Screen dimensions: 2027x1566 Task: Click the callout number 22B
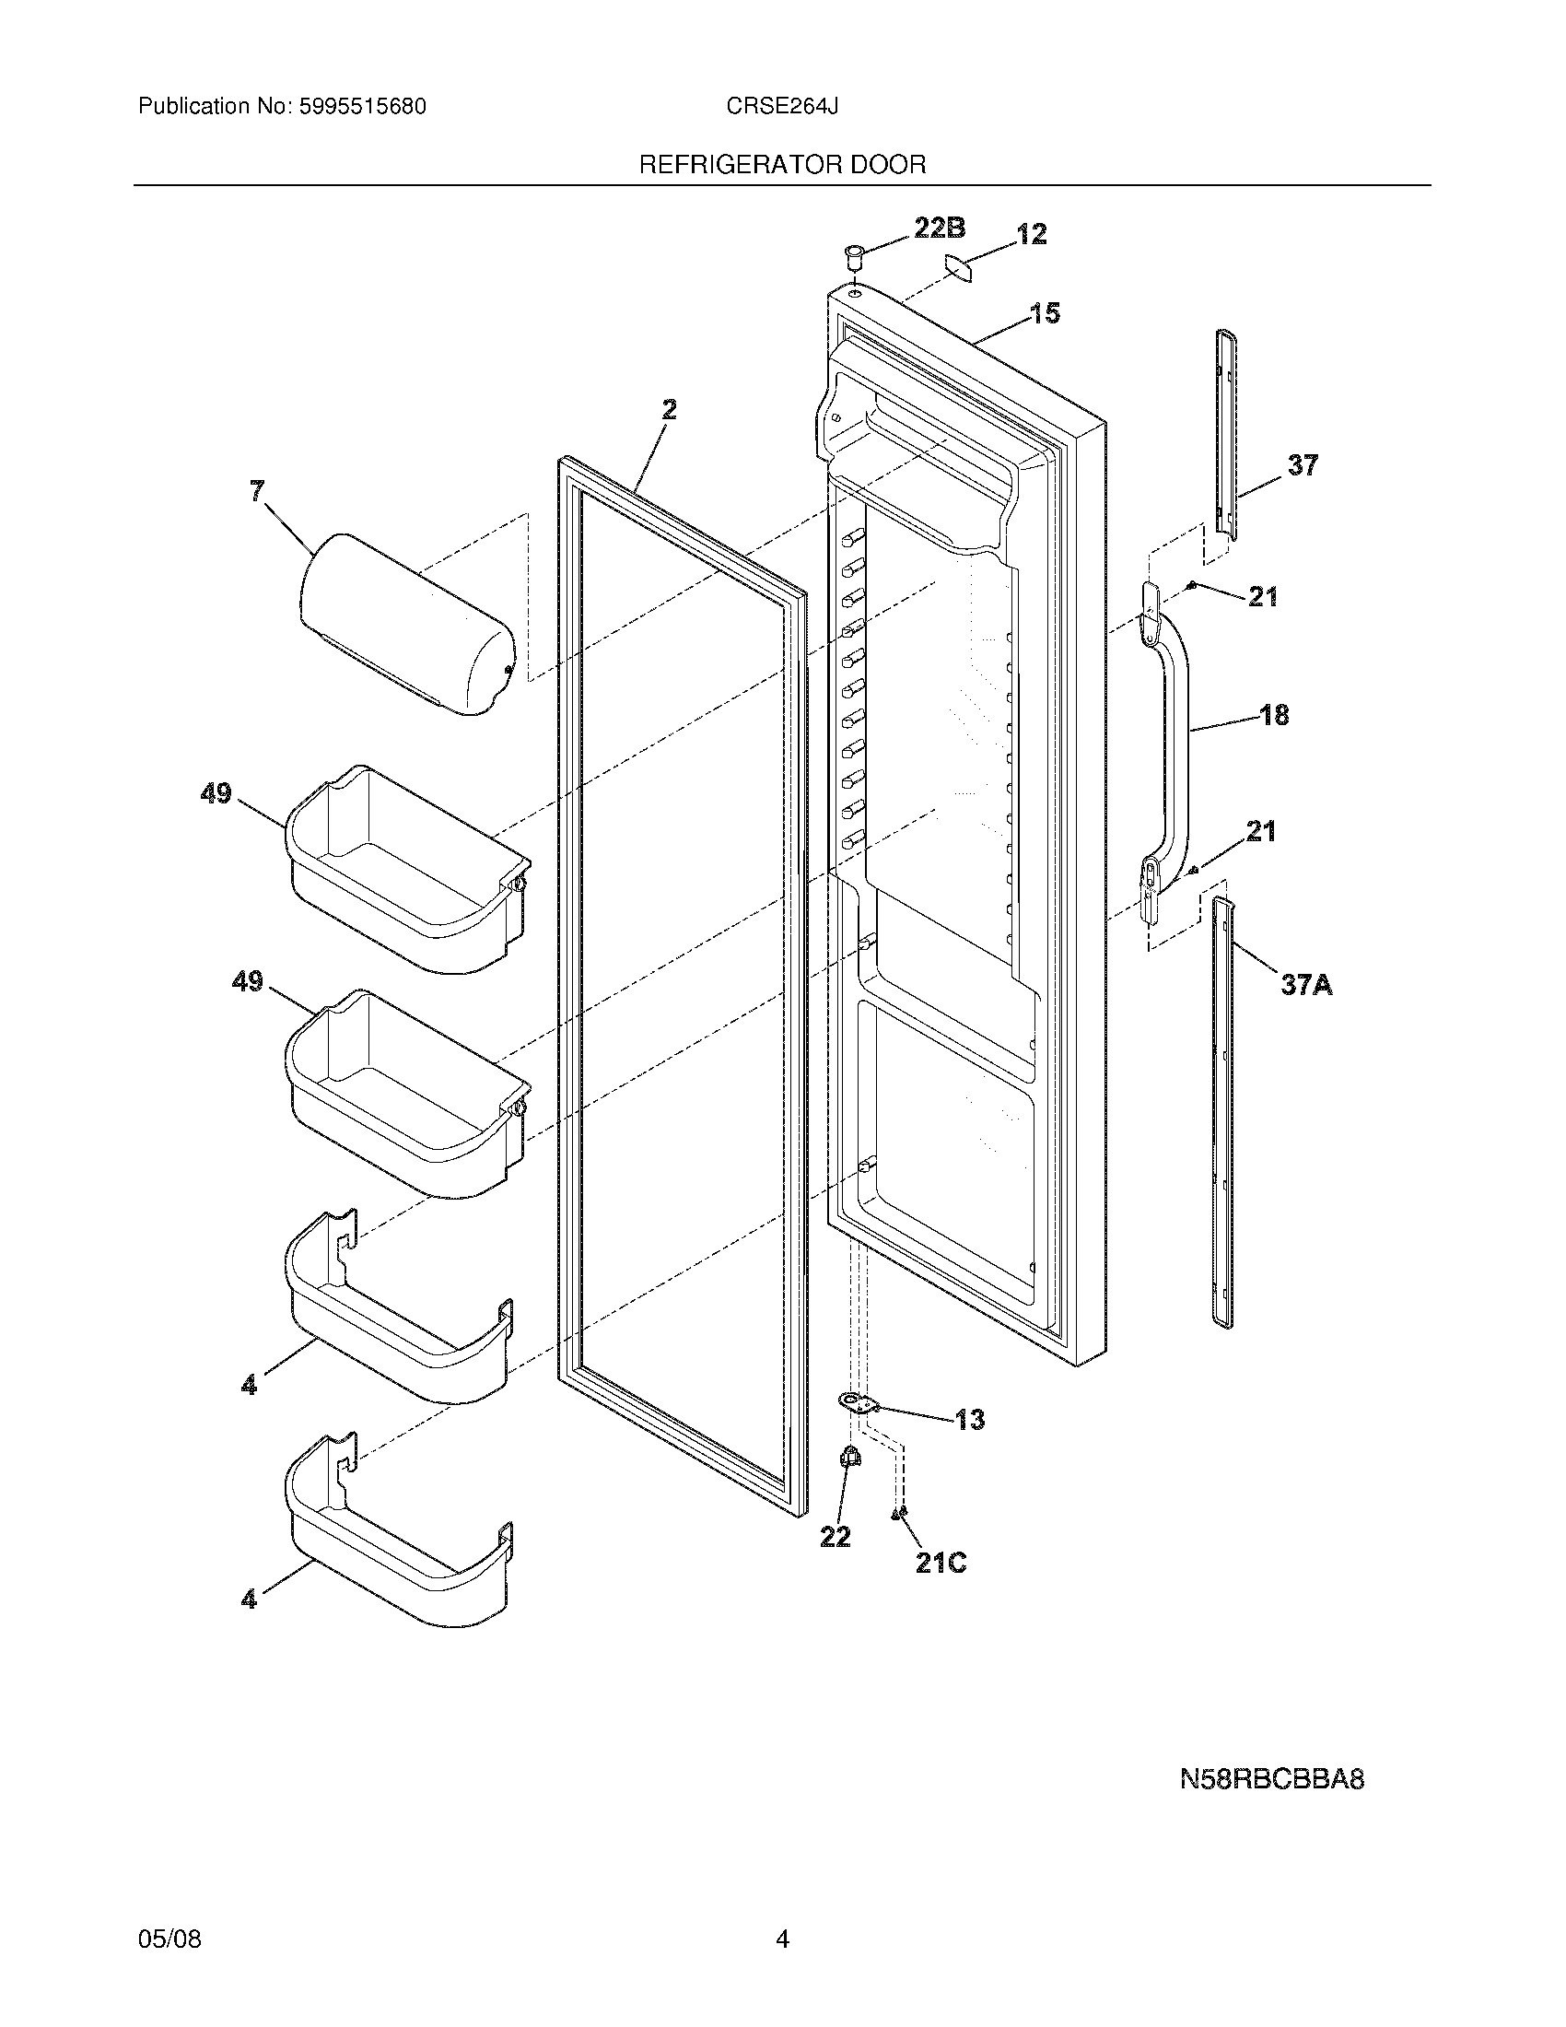pyautogui.click(x=939, y=228)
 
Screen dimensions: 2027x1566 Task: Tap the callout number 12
pyautogui.click(x=1031, y=234)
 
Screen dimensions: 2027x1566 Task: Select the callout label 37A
pyautogui.click(x=1306, y=984)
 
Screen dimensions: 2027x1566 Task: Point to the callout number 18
pyautogui.click(x=1275, y=715)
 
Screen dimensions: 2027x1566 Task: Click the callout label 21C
pyautogui.click(x=941, y=1563)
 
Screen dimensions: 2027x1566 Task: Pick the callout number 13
pyautogui.click(x=969, y=1419)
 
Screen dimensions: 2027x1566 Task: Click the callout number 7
pyautogui.click(x=257, y=491)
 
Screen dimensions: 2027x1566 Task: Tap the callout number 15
pyautogui.click(x=1045, y=313)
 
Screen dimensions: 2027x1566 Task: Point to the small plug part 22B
pyautogui.click(x=853, y=254)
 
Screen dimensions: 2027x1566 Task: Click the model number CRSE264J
pyautogui.click(x=782, y=107)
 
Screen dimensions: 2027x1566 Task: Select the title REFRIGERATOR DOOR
pyautogui.click(x=782, y=165)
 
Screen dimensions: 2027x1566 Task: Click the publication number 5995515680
pyautogui.click(x=363, y=107)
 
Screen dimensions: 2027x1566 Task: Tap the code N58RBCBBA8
pyautogui.click(x=1271, y=1780)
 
